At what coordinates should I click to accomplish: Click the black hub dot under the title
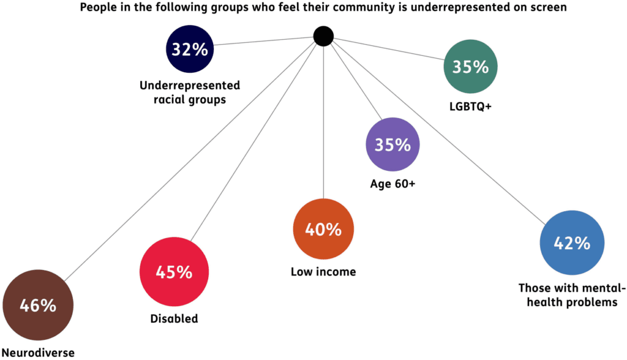[x=323, y=36]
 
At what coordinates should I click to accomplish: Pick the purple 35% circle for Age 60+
[x=392, y=145]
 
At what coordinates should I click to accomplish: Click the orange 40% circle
[x=323, y=230]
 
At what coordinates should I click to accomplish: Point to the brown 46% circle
[x=38, y=306]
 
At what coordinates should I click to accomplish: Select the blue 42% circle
[x=571, y=243]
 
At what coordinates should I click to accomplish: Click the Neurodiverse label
[x=38, y=352]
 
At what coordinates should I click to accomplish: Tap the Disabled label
[x=174, y=318]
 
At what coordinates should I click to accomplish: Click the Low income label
[x=323, y=272]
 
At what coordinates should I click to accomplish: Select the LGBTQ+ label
[x=470, y=107]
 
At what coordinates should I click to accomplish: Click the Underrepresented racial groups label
[x=190, y=92]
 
